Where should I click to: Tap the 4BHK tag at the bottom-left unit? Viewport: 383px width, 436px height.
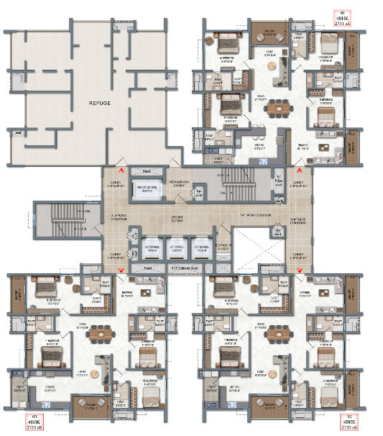pos(35,423)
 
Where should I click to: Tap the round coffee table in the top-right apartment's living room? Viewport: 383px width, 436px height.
pos(273,66)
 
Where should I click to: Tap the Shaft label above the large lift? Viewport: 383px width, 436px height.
pos(147,171)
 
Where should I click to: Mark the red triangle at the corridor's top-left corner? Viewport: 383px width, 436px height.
pos(123,171)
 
